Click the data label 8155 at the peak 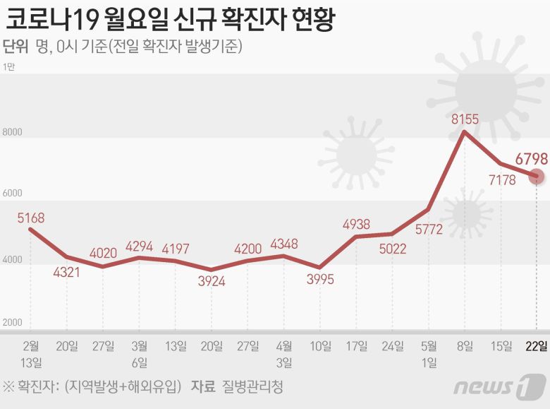point(465,119)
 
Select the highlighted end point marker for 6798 point(537,175)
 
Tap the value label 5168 point(31,217)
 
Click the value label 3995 point(320,279)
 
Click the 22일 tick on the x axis point(537,345)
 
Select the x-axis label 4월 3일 point(284,354)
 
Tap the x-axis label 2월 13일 point(31,354)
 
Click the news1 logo point(499,386)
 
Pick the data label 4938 point(357,225)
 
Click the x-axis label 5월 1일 point(429,354)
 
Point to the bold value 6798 point(531,158)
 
